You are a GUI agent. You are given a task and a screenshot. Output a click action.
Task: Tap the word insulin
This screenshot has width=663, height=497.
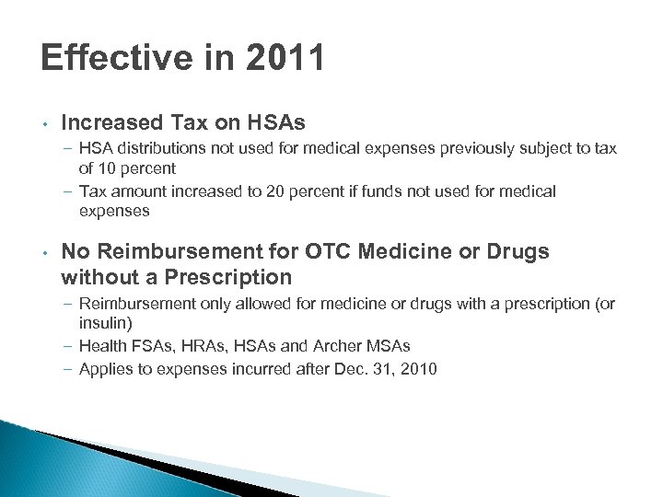point(104,323)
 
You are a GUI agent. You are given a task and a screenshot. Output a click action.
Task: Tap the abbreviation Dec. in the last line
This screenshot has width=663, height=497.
point(351,369)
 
